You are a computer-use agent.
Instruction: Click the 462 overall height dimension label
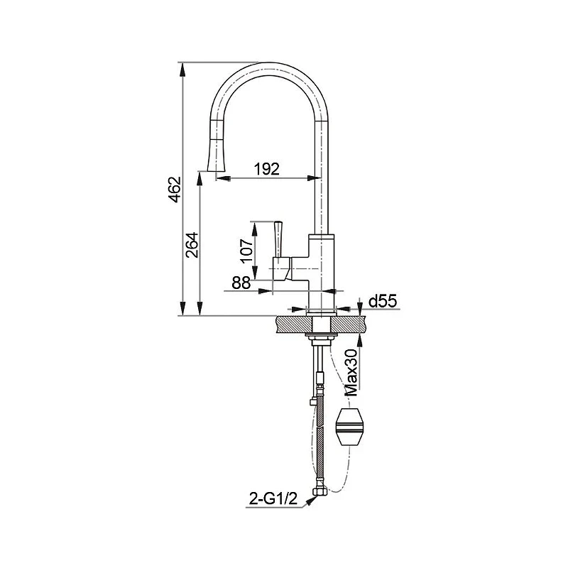[175, 190]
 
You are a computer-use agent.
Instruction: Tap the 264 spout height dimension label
[192, 245]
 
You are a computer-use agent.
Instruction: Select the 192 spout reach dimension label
[267, 169]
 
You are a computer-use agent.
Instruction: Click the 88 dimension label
[241, 283]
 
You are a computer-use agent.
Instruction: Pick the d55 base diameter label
[383, 301]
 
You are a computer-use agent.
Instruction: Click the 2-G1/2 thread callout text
[273, 499]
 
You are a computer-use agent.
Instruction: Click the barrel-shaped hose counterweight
[349, 427]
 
